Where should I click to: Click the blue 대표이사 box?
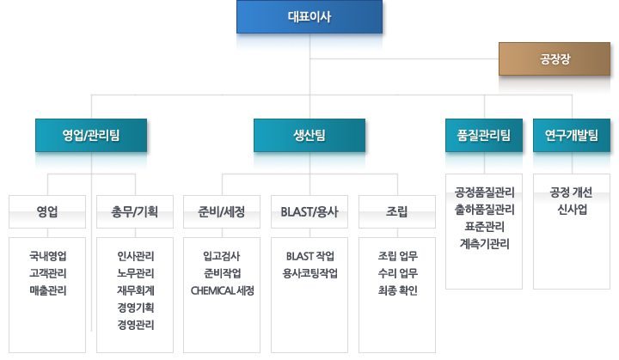pyautogui.click(x=309, y=16)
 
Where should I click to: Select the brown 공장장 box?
pyautogui.click(x=555, y=58)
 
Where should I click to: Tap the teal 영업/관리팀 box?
pyautogui.click(x=91, y=136)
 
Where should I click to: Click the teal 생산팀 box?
pyautogui.click(x=309, y=136)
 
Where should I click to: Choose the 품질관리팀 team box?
pyautogui.click(x=484, y=136)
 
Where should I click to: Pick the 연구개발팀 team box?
pyautogui.click(x=572, y=136)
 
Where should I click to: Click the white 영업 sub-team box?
pyautogui.click(x=47, y=211)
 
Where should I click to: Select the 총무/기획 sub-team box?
pyautogui.click(x=135, y=211)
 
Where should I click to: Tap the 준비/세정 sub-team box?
pyautogui.click(x=222, y=211)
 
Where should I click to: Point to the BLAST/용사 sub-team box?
pyautogui.click(x=309, y=211)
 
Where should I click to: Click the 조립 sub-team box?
pyautogui.click(x=397, y=211)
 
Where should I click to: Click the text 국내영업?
pyautogui.click(x=48, y=256)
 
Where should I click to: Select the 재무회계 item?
pyautogui.click(x=136, y=290)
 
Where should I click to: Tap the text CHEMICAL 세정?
pyautogui.click(x=223, y=290)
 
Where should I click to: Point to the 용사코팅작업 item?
pyautogui.click(x=309, y=273)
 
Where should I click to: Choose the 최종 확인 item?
pyautogui.click(x=397, y=290)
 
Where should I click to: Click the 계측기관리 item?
pyautogui.click(x=484, y=244)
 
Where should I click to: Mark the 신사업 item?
pyautogui.click(x=572, y=209)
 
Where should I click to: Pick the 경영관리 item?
pyautogui.click(x=136, y=325)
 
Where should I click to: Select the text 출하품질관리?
pyautogui.click(x=484, y=209)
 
